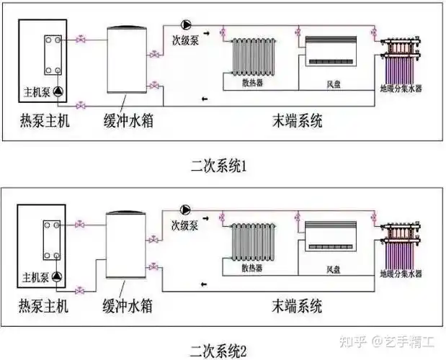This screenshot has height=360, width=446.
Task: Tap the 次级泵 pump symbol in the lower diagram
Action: point(185,210)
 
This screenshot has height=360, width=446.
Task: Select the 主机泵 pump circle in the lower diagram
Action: point(57,275)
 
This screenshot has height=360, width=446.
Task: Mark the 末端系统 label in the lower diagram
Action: point(298,303)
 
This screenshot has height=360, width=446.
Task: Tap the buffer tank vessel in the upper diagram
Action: point(127,60)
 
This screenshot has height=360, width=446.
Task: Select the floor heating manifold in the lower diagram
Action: point(401,241)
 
